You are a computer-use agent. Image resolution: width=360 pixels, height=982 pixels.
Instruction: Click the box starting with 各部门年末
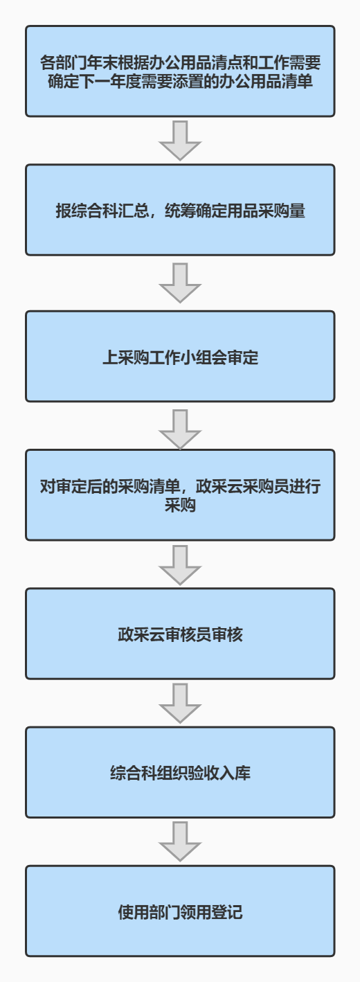pos(180,71)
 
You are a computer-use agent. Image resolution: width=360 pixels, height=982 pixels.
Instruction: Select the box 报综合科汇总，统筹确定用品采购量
pos(180,210)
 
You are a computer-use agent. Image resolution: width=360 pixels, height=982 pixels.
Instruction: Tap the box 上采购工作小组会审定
pos(180,356)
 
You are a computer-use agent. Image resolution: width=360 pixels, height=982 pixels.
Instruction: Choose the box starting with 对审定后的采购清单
pos(180,494)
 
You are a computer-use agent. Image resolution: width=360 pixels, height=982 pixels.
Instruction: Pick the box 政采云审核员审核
pos(180,634)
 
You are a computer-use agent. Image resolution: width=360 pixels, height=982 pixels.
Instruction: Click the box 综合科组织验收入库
pos(180,772)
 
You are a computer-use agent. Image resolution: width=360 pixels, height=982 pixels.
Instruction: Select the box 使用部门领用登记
pos(180,911)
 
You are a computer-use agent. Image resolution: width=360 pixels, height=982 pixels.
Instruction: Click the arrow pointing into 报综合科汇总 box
pos(180,141)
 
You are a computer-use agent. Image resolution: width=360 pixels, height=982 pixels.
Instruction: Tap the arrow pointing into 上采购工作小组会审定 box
pos(180,283)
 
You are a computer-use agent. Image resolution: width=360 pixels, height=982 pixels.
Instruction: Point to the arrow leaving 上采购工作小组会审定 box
pos(180,429)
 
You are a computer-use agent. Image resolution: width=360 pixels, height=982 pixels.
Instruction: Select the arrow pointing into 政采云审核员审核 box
pos(180,565)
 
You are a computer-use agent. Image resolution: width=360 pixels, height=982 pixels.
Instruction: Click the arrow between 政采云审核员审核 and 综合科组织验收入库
pos(180,703)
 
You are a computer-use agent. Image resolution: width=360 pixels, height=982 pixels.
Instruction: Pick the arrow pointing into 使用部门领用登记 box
pos(180,841)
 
